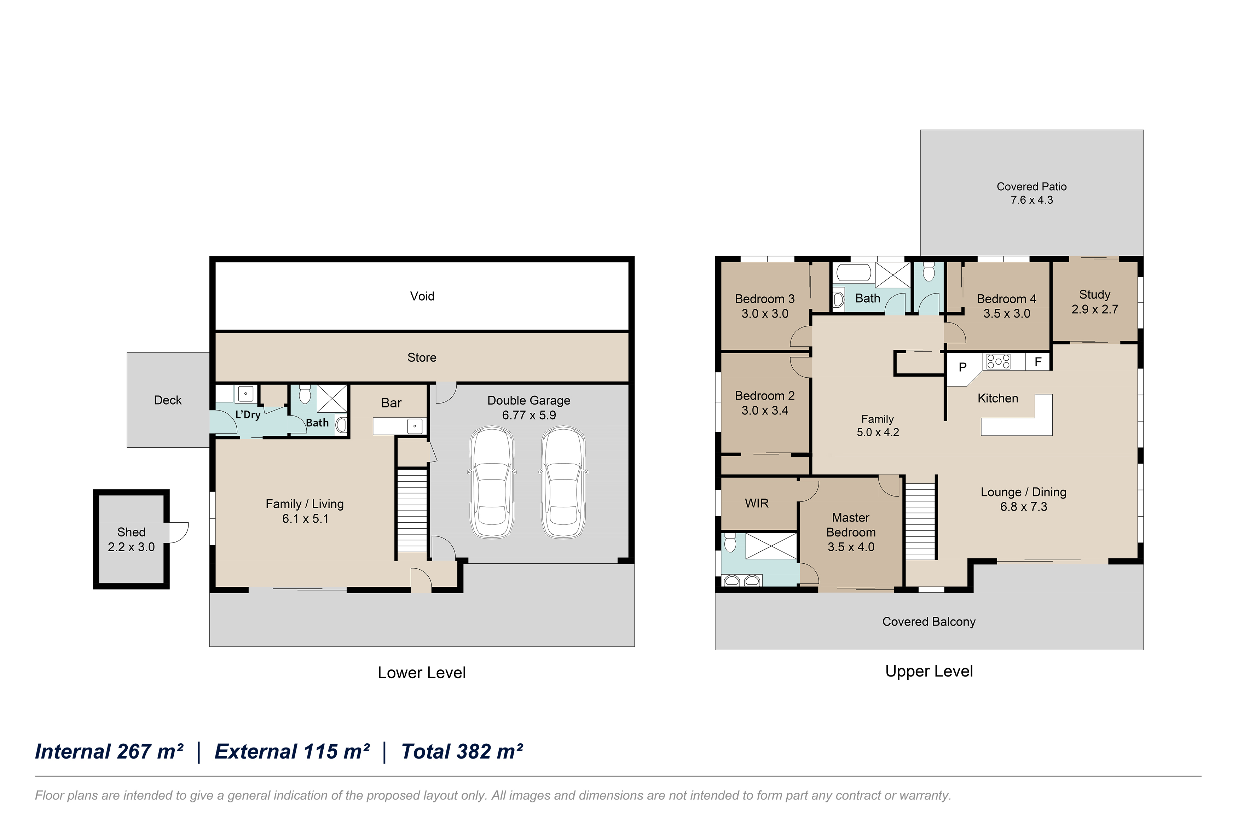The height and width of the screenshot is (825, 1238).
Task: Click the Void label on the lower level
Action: pos(422,296)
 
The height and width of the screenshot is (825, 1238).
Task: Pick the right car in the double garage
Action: pos(563,482)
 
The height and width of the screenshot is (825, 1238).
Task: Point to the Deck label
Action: pos(168,400)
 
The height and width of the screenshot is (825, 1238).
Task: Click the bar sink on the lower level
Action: pos(416,426)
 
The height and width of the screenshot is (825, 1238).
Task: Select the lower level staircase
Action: pos(411,510)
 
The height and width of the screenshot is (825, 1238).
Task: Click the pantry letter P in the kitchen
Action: pos(962,367)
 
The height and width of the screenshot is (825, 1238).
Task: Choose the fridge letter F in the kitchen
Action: pos(1037,362)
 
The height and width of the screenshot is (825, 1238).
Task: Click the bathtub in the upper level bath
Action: pos(854,274)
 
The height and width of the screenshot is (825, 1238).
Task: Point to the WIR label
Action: pos(757,504)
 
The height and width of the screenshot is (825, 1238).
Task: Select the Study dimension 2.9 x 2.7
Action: pos(1094,309)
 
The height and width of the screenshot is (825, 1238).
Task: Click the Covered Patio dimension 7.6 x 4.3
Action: pos(1031,200)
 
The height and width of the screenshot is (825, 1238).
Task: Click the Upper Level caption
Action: pos(929,672)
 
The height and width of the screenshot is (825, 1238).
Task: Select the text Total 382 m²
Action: pos(462,751)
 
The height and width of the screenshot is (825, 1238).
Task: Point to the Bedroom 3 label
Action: pos(764,299)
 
